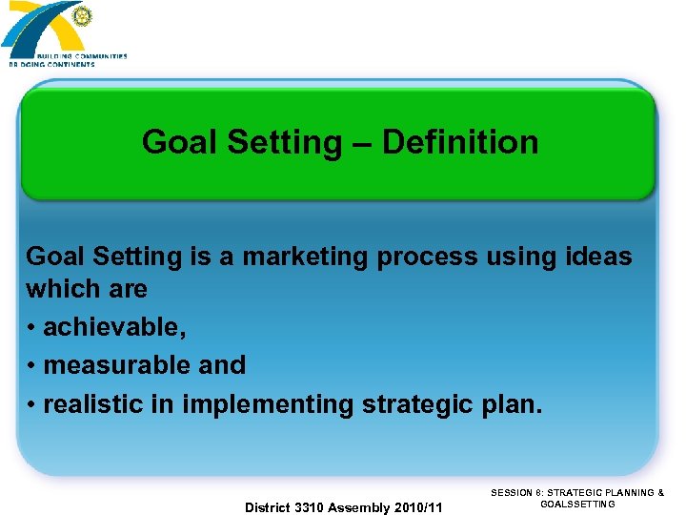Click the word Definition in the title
(460, 142)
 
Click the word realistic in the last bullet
(97, 404)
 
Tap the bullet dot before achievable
(31, 328)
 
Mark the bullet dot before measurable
(31, 366)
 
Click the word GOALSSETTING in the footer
(577, 505)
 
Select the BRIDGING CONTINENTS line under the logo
(52, 64)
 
